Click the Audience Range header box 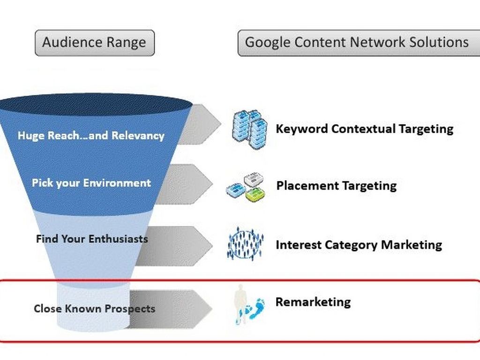tap(94, 43)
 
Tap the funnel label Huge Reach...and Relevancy tap(91, 136)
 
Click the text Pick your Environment tap(91, 183)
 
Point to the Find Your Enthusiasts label tap(92, 239)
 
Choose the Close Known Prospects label tap(94, 309)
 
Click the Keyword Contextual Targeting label tap(364, 128)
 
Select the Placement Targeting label tap(336, 186)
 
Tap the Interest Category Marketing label tap(359, 245)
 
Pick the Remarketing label tap(313, 302)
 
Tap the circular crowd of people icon tap(246, 244)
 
